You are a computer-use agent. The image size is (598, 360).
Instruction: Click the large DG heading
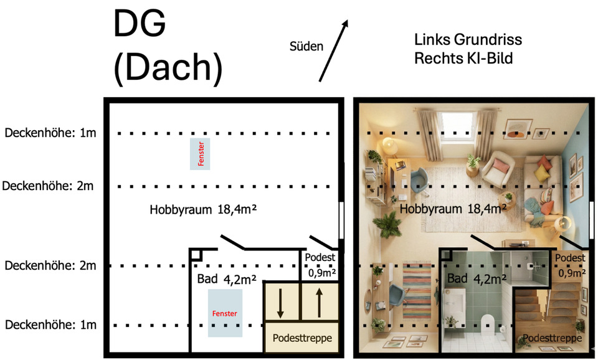tap(140, 26)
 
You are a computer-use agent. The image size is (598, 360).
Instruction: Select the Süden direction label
tap(306, 46)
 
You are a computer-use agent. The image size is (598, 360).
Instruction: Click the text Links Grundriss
tap(468, 40)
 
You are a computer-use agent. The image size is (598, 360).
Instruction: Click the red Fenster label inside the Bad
tap(225, 314)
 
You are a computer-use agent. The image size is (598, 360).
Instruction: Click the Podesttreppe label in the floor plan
tap(301, 338)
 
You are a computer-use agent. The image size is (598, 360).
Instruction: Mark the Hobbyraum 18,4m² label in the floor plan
tap(204, 210)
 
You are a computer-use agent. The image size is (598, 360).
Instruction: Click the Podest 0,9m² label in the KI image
tap(570, 265)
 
